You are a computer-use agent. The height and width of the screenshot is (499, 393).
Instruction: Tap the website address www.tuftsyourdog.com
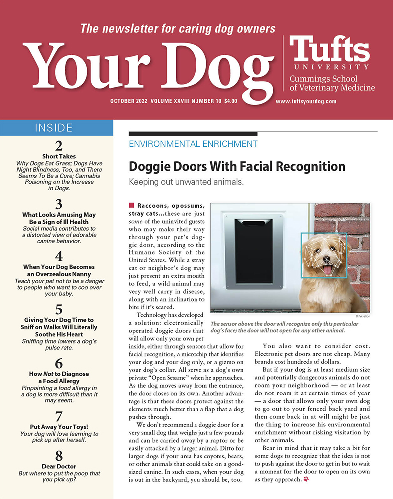click(x=306, y=101)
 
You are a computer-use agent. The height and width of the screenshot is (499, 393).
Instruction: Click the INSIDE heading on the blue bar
click(x=56, y=128)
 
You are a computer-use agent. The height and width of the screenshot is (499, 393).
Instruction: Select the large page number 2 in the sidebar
click(x=59, y=146)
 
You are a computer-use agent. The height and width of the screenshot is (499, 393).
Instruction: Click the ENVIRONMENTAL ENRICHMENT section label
click(x=193, y=144)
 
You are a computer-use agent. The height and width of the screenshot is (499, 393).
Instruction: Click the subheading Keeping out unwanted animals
click(x=186, y=182)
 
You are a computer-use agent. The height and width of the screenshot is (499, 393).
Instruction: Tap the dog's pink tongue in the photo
click(x=328, y=270)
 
